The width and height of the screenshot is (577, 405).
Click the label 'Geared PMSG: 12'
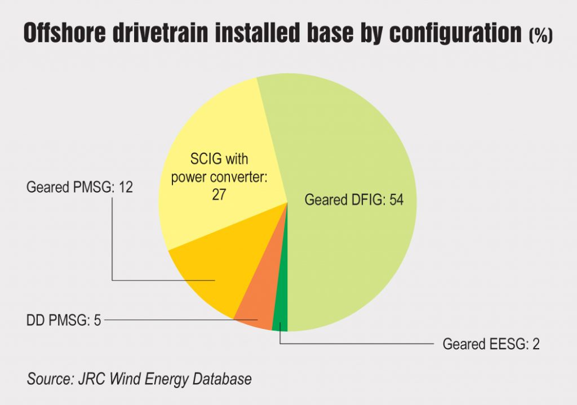coord(79,187)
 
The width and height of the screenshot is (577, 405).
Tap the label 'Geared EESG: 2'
coord(491,344)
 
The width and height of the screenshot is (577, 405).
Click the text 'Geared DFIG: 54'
coord(354,200)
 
